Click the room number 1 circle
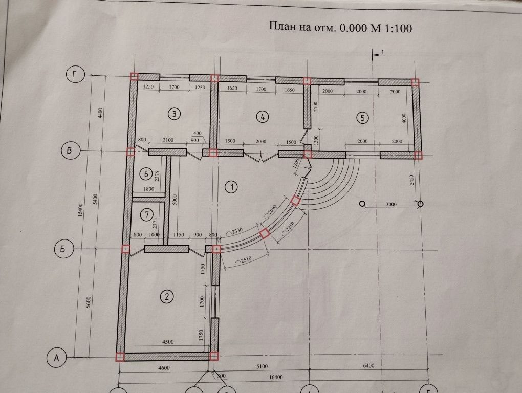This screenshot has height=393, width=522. coord(231,187)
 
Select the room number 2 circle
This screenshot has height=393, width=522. coord(167,296)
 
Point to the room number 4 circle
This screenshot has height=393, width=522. coord(263,117)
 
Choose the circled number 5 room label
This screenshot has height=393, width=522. coord(362,117)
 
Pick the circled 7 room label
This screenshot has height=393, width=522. coord(147,215)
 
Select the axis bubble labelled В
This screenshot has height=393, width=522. coord(70,150)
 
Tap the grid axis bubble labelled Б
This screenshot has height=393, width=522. coord(63,249)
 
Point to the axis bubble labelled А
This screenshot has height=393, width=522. coord(57,358)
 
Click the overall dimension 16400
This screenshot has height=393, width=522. coord(276,377)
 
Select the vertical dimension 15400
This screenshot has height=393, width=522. coord(80,210)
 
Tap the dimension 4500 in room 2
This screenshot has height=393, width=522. coord(167,342)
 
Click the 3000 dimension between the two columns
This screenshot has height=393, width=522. coord(391,204)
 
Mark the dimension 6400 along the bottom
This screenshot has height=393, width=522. coord(368,365)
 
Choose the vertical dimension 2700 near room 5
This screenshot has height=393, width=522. coord(316,106)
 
